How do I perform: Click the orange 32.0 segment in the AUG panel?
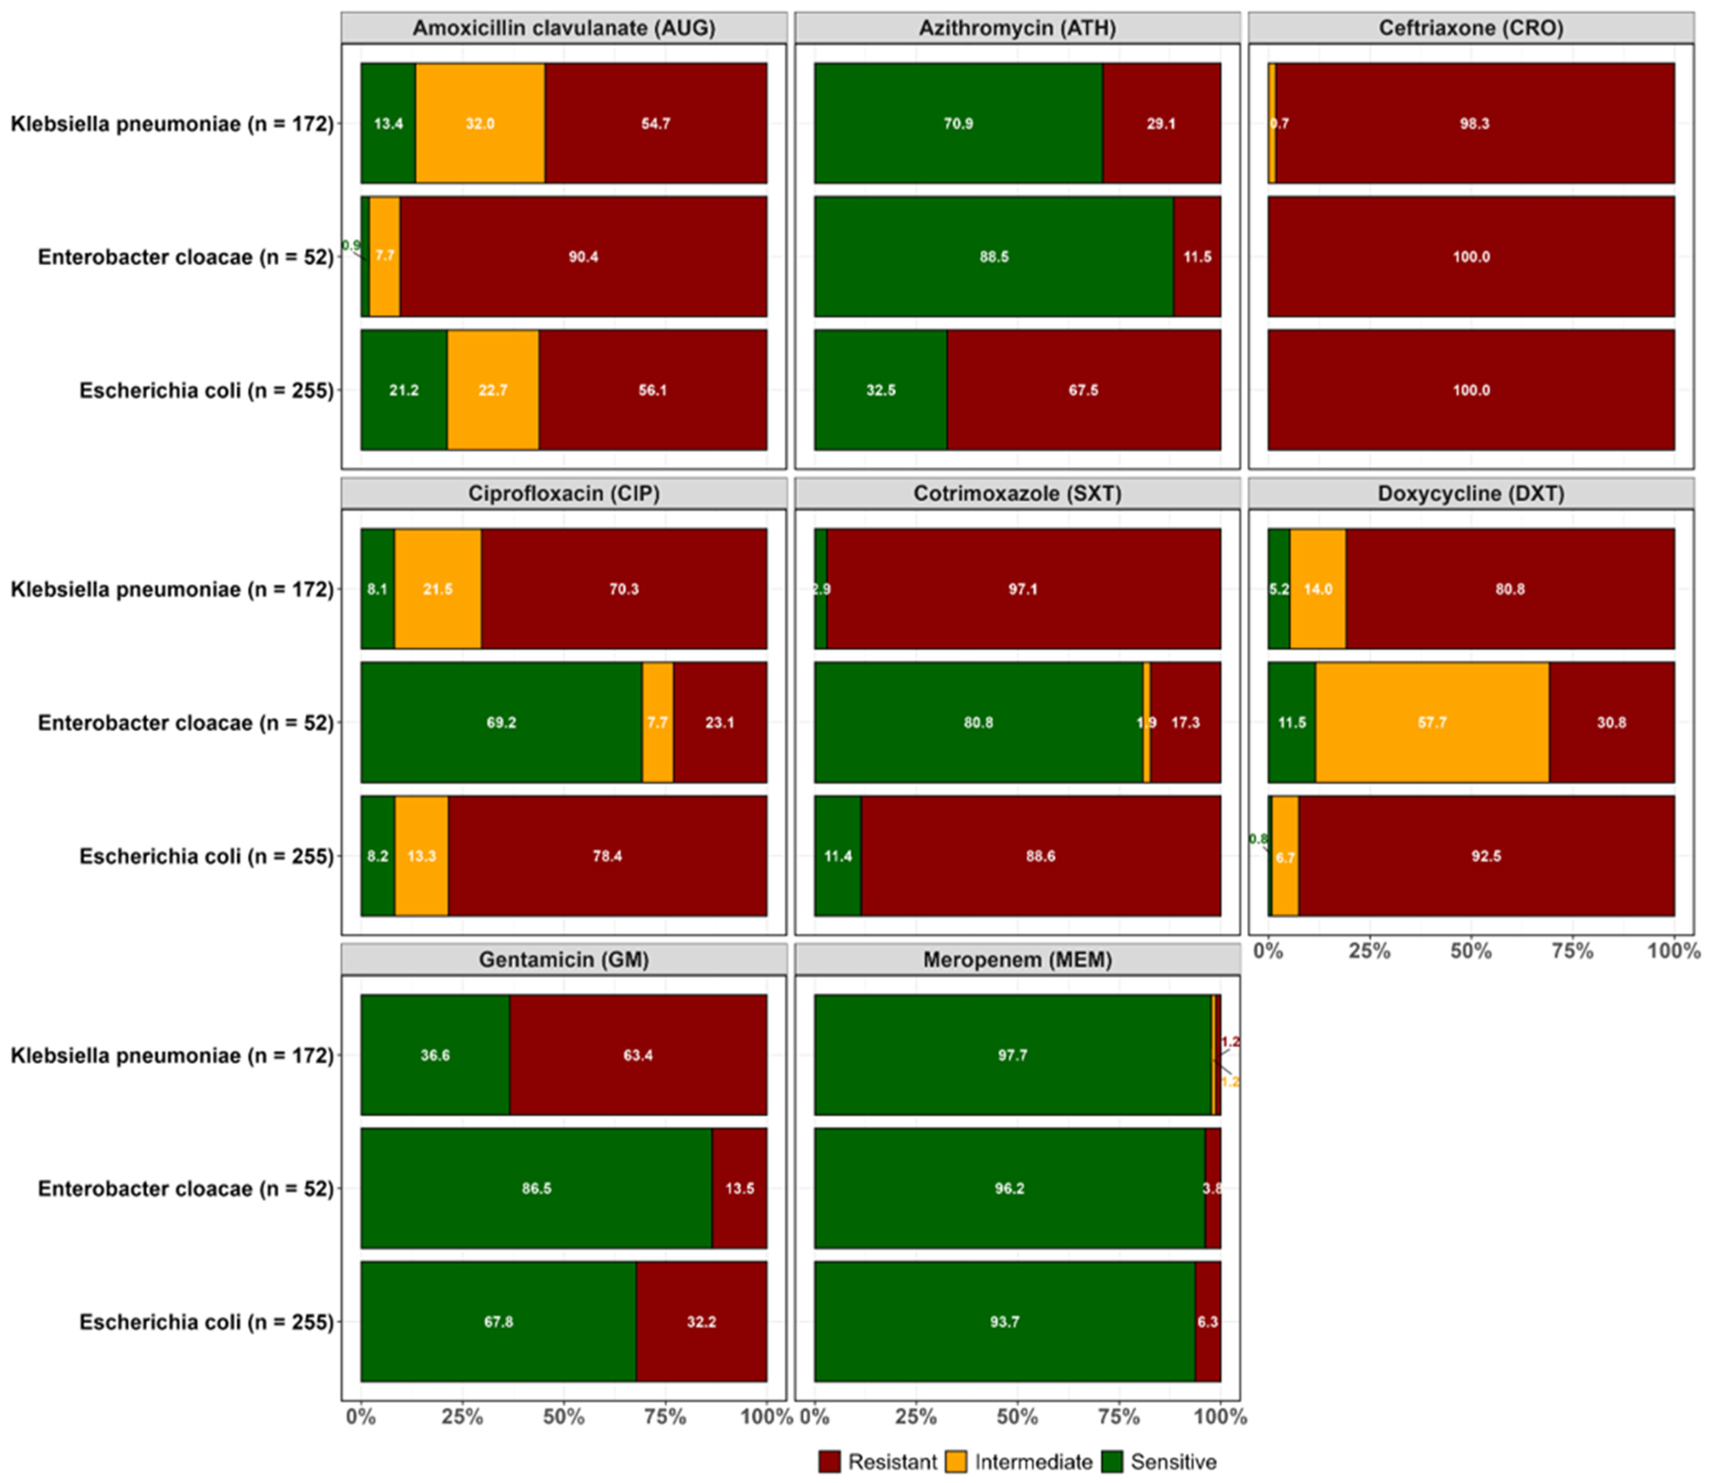tap(480, 123)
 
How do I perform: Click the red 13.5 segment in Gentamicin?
tap(739, 1188)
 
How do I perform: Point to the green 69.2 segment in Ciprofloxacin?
tap(501, 723)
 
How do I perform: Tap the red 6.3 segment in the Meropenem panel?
tap(1208, 1322)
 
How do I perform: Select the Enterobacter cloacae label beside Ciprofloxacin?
tap(185, 723)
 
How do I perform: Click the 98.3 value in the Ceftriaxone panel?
tap(1474, 123)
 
